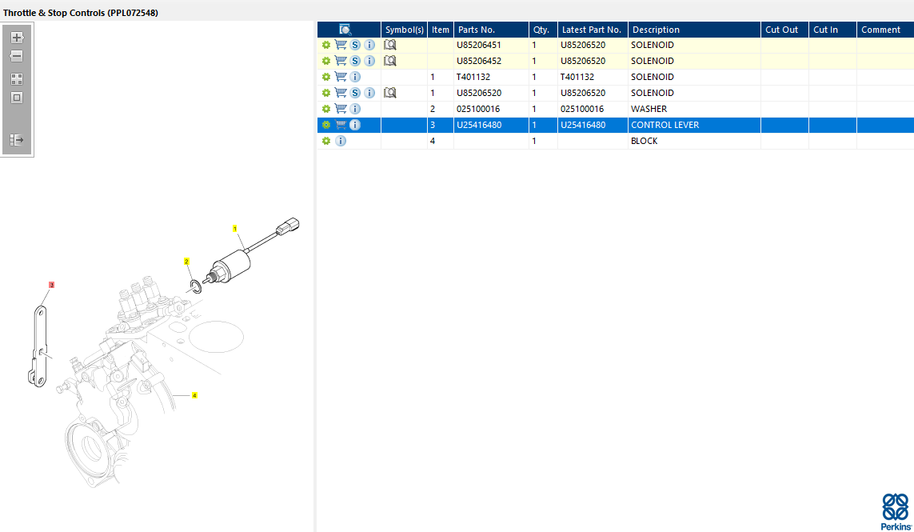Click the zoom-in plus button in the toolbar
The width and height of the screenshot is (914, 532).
click(x=17, y=38)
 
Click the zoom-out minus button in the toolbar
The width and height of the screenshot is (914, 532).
click(x=17, y=56)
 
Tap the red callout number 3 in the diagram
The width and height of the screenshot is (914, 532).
click(x=51, y=285)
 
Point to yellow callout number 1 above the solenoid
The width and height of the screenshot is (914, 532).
click(x=235, y=228)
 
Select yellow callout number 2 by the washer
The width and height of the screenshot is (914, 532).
click(x=186, y=262)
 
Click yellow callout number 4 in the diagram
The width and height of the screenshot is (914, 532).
click(x=194, y=395)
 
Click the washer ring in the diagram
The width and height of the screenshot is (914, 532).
click(x=195, y=286)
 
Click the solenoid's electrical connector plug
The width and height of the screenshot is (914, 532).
click(x=288, y=226)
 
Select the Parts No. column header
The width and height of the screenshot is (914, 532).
click(x=477, y=30)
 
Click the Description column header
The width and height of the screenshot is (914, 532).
click(x=656, y=30)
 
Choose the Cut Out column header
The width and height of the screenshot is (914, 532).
click(x=781, y=30)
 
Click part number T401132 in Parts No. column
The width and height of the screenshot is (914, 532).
click(x=473, y=77)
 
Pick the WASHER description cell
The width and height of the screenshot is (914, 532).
click(x=649, y=109)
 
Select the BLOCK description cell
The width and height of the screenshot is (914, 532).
click(x=644, y=141)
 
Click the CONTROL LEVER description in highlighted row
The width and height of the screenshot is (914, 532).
click(x=665, y=125)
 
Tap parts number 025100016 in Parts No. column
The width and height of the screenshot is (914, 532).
click(x=478, y=109)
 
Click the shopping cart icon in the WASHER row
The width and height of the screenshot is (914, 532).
click(x=341, y=109)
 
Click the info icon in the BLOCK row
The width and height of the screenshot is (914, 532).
click(x=341, y=141)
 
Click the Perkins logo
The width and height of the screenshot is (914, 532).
click(x=896, y=511)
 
